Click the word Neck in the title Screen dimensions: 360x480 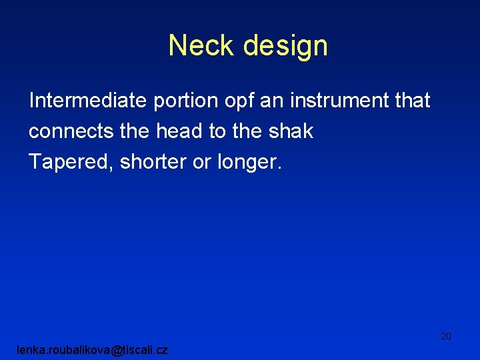(202, 45)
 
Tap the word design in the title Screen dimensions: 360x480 (285, 45)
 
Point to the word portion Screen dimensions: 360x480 (185, 101)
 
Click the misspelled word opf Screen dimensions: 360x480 (241, 101)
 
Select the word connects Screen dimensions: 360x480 (71, 131)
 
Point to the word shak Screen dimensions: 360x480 (291, 131)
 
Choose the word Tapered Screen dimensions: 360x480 (71, 162)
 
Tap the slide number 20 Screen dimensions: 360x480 (446, 336)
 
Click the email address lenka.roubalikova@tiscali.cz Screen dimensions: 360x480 (93, 350)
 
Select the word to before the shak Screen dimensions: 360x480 (217, 131)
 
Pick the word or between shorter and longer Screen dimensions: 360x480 (202, 162)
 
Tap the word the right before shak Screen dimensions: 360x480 (247, 131)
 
